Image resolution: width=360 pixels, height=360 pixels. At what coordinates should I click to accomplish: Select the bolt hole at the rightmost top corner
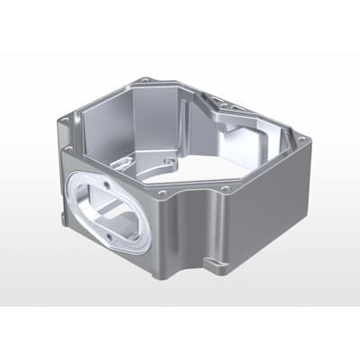(x=303, y=139)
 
